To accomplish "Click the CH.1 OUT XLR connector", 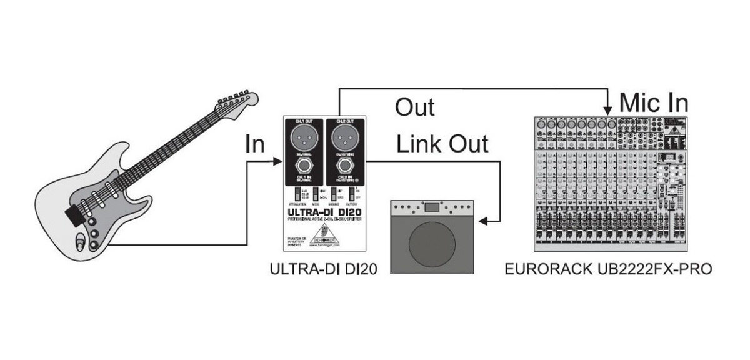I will coord(304,137).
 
